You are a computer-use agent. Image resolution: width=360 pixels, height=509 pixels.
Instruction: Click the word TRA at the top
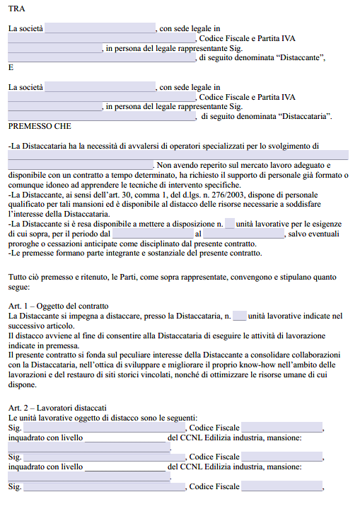click(16, 8)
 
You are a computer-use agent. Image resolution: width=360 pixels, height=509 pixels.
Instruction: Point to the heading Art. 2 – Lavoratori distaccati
click(58, 408)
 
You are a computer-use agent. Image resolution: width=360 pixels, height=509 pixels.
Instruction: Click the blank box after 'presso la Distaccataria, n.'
click(240, 316)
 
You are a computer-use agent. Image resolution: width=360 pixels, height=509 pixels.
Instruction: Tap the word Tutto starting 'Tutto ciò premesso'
click(18, 278)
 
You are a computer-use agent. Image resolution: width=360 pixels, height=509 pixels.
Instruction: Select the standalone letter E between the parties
click(11, 68)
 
